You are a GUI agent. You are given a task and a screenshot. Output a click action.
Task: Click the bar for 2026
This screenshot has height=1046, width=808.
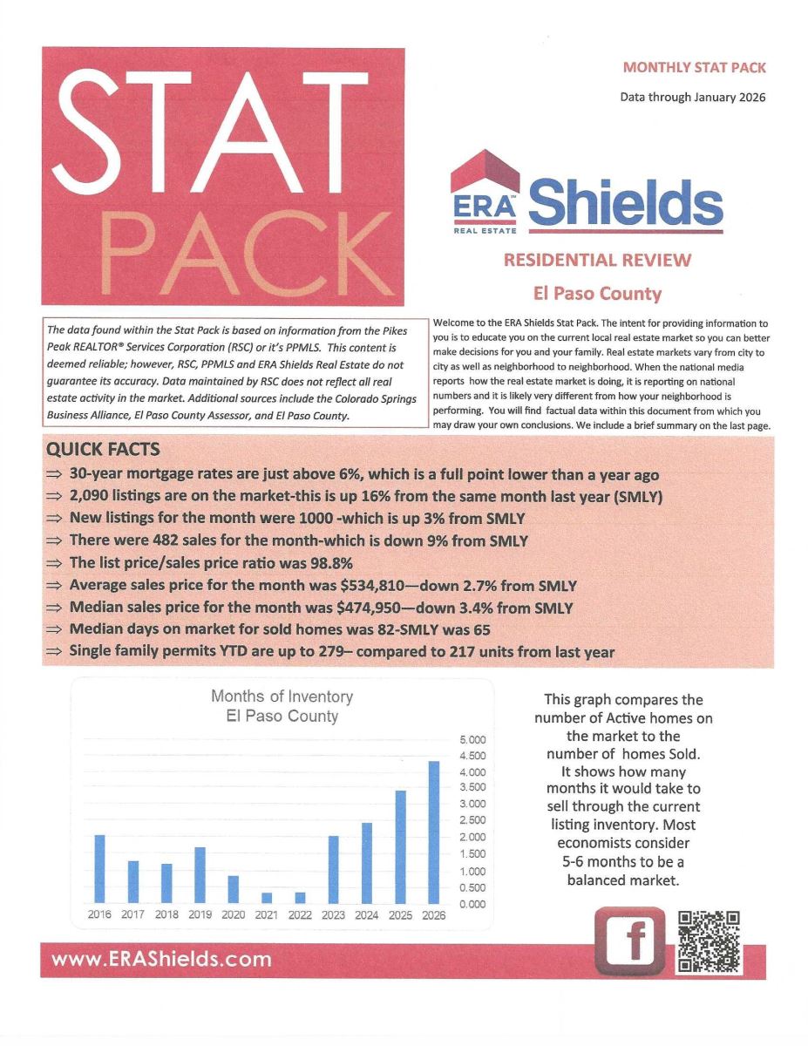click(x=433, y=832)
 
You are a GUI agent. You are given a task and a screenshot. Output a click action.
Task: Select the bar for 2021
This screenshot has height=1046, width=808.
click(x=267, y=898)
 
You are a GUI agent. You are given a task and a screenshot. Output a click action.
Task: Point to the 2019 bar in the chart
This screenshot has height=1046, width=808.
click(x=200, y=875)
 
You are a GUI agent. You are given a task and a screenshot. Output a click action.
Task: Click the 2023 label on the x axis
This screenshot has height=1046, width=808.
click(x=333, y=915)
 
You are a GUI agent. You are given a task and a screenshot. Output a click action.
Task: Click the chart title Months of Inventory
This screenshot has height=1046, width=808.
click(x=282, y=696)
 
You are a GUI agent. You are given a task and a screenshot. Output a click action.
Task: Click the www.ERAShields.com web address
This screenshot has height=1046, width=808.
click(x=161, y=960)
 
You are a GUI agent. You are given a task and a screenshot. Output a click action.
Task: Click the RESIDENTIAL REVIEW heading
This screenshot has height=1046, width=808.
click(x=597, y=260)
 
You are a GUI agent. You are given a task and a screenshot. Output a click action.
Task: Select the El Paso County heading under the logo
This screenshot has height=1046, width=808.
click(x=597, y=294)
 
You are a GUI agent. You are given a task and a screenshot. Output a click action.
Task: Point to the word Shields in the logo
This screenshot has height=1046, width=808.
click(x=626, y=201)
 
